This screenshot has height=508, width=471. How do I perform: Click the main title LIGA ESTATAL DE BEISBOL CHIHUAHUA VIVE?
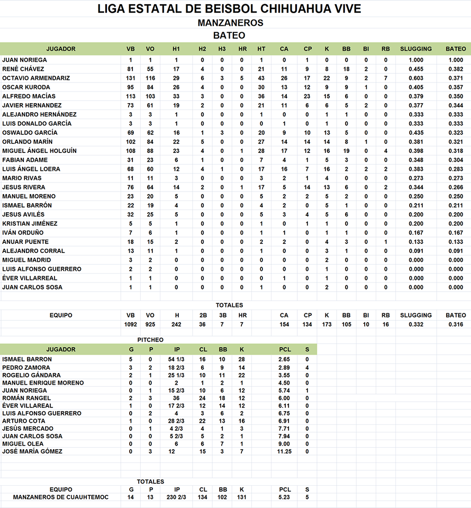pyautogui.click(x=230, y=9)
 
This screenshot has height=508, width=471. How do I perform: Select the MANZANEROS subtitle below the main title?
pyautogui.click(x=230, y=23)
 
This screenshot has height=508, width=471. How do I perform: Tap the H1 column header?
pyautogui.click(x=176, y=49)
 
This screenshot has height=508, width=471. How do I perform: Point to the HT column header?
pyautogui.click(x=261, y=49)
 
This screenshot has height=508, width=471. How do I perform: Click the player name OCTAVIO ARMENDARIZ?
pyautogui.click(x=36, y=78)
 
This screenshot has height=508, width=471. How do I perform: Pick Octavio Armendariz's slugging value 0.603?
pyautogui.click(x=416, y=78)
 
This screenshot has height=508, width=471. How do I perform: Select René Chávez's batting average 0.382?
pyautogui.click(x=456, y=69)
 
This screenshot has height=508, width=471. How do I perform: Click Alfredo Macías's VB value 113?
pyautogui.click(x=131, y=96)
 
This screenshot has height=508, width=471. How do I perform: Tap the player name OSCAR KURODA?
pyautogui.click(x=26, y=87)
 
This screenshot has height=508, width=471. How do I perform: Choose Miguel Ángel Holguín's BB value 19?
pyautogui.click(x=346, y=151)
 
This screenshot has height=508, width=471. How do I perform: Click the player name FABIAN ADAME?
pyautogui.click(x=25, y=160)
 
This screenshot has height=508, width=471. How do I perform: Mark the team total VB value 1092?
pyautogui.click(x=131, y=324)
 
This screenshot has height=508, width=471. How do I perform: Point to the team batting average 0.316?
pyautogui.click(x=456, y=324)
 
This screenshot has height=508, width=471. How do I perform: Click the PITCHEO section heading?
pyautogui.click(x=150, y=340)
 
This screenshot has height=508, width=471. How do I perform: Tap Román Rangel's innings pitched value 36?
pyautogui.click(x=176, y=398)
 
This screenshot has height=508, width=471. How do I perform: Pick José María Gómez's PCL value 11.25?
pyautogui.click(x=285, y=451)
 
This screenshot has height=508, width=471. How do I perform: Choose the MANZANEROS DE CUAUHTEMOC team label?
pyautogui.click(x=61, y=497)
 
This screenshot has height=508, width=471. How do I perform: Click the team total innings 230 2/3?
pyautogui.click(x=177, y=497)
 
